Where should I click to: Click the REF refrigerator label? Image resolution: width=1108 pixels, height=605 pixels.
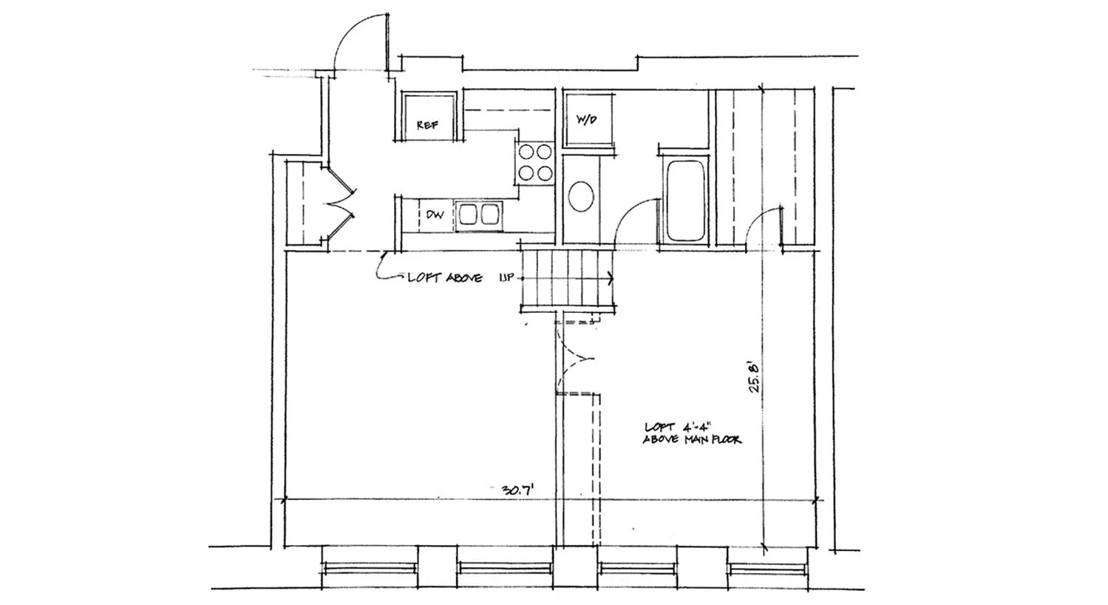[x=426, y=126]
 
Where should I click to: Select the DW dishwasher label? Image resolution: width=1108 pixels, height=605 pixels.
[x=435, y=215]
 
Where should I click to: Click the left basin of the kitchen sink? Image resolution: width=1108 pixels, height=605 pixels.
[x=468, y=214]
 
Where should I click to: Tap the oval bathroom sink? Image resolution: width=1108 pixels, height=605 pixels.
[x=582, y=198]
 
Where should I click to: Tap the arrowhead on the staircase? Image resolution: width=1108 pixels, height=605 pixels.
[x=610, y=279]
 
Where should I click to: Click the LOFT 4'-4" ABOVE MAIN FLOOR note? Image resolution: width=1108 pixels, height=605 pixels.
[x=693, y=433]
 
